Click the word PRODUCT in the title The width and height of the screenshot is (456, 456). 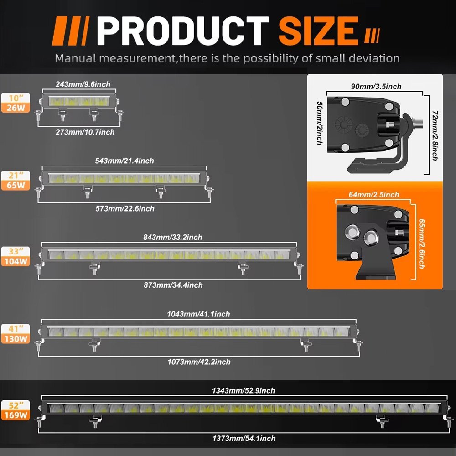pyautogui.click(x=183, y=31)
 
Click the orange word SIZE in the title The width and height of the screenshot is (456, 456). pyautogui.click(x=318, y=31)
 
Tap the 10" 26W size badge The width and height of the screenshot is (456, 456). pyautogui.click(x=16, y=103)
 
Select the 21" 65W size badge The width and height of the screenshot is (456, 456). pyautogui.click(x=16, y=180)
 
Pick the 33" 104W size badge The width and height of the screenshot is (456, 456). pyautogui.click(x=16, y=256)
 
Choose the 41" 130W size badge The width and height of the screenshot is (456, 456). pyautogui.click(x=16, y=334)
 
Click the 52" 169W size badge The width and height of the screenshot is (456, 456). pyautogui.click(x=16, y=410)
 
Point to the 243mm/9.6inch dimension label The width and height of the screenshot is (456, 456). pyautogui.click(x=83, y=84)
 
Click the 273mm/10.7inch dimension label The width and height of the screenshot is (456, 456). pyautogui.click(x=85, y=132)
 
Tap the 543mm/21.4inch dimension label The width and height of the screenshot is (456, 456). pyautogui.click(x=124, y=161)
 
